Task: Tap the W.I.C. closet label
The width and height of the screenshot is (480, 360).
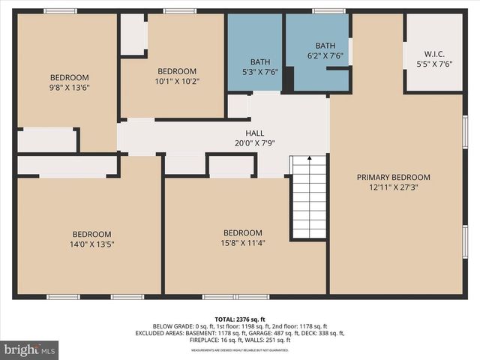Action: (433, 54)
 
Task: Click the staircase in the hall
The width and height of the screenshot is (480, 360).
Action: (308, 196)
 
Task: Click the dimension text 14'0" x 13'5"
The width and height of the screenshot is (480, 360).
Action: (91, 244)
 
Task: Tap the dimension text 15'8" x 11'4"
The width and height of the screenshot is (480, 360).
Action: (243, 242)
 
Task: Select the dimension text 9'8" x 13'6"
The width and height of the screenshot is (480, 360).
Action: (69, 87)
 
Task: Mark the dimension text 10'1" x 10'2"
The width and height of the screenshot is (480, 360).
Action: (177, 81)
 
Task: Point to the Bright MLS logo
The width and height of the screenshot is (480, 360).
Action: (30, 349)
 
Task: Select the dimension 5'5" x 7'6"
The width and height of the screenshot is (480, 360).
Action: (433, 64)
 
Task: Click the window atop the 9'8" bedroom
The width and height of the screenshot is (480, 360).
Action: (60, 11)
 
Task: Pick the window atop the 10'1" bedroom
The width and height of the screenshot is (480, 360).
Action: (180, 11)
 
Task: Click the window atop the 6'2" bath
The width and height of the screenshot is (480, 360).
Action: (328, 11)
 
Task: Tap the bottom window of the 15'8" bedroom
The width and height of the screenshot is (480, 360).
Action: (225, 297)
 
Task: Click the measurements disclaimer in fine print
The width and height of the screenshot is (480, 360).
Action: (239, 350)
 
